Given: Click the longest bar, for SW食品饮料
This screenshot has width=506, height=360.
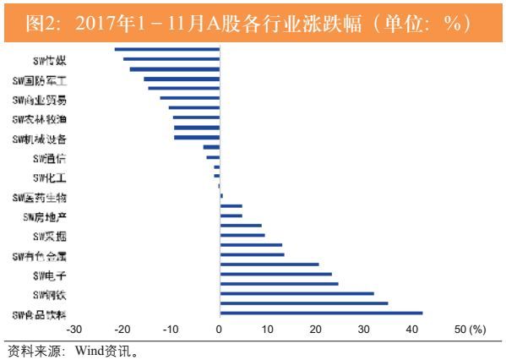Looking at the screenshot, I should pos(320,314).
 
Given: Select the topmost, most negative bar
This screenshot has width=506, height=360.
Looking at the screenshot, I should pos(166,50).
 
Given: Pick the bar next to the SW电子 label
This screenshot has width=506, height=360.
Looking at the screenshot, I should pos(275,275).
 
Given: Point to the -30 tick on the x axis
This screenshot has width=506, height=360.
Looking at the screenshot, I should pos(73,329).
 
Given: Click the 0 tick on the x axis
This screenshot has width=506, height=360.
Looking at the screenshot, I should pos(219,329).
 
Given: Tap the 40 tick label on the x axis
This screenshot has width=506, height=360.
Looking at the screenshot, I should pos(411,329).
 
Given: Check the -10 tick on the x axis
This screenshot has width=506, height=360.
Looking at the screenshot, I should pos(170,329).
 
